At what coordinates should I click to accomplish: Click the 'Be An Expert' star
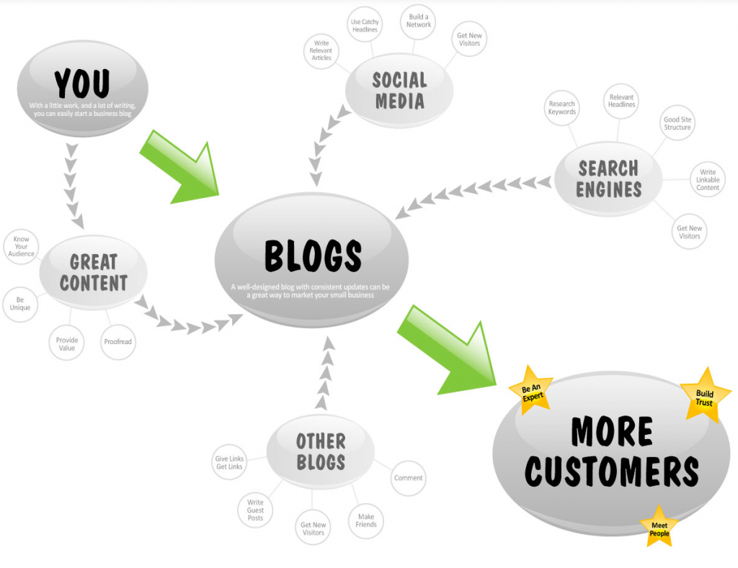(x=531, y=391)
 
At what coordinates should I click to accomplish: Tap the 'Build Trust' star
(x=705, y=396)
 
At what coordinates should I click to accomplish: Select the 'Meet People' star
(x=659, y=528)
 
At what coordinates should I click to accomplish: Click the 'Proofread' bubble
(x=118, y=342)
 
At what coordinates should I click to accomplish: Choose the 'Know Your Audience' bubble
(x=21, y=246)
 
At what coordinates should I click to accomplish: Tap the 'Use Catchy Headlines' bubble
(x=365, y=25)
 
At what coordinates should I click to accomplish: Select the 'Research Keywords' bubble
(x=562, y=108)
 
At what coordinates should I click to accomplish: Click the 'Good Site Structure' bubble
(x=677, y=123)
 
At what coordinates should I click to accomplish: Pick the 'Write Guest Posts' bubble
(x=255, y=510)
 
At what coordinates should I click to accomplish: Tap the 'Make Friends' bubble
(x=366, y=520)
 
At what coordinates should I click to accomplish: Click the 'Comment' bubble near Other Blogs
(x=409, y=478)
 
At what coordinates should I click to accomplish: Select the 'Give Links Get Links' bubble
(x=229, y=462)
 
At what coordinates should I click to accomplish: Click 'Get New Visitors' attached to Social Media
(x=469, y=39)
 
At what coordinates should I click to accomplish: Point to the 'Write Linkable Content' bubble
(x=708, y=180)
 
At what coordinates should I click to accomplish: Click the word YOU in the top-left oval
(x=82, y=84)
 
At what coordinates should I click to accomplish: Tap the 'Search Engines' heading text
(x=609, y=179)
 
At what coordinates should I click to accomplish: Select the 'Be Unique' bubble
(x=19, y=304)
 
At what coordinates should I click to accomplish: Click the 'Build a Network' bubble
(x=419, y=21)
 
